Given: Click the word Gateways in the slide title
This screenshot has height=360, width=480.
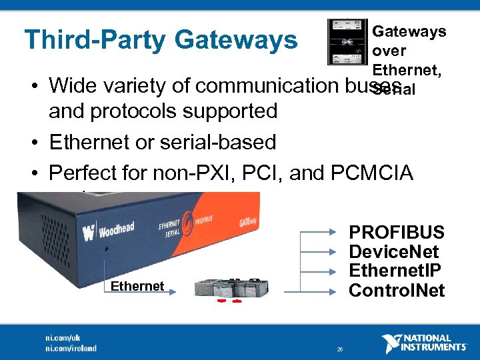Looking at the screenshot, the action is click(236, 41).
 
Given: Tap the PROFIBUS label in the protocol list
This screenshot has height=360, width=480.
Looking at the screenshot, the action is click(397, 233).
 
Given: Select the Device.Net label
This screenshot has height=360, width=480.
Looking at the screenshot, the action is click(394, 252).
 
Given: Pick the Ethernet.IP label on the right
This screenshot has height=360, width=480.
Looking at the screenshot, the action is click(396, 271).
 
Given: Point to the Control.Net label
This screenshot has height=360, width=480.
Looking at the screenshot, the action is click(397, 291).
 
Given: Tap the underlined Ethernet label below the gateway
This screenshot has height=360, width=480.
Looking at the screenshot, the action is click(137, 287).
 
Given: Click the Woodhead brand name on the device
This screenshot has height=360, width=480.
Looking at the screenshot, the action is click(116, 230).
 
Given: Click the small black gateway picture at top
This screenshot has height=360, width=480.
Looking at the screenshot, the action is click(347, 41).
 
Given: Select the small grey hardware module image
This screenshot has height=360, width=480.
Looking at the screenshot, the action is click(233, 288).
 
